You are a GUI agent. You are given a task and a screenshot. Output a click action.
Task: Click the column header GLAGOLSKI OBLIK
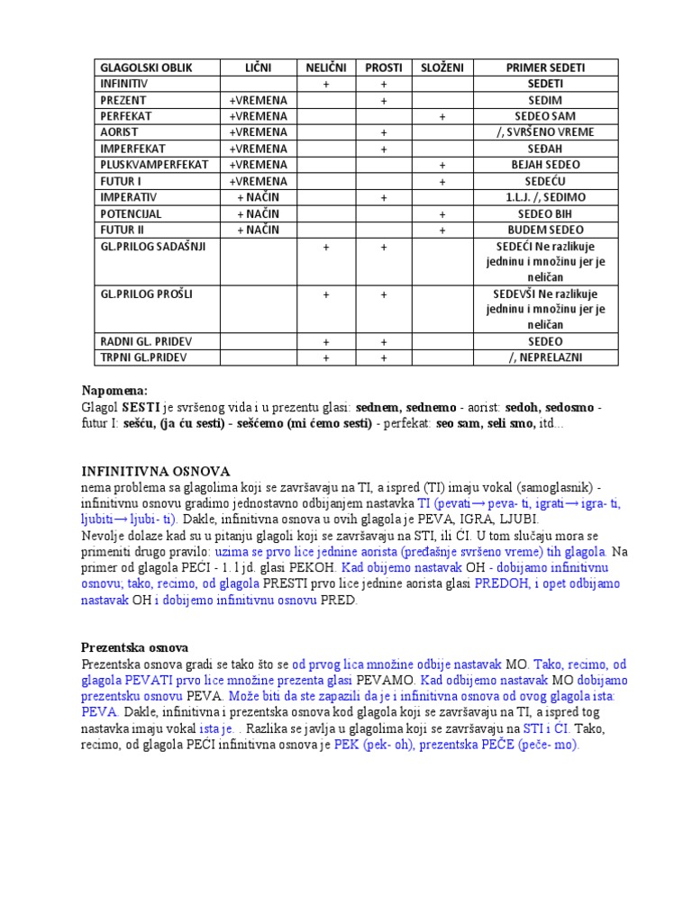tap(146, 68)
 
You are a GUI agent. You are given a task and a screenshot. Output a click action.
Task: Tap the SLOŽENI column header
tap(442, 68)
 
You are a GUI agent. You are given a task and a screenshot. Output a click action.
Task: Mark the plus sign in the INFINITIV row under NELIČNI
tap(325, 84)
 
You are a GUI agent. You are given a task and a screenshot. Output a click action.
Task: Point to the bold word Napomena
tap(114, 391)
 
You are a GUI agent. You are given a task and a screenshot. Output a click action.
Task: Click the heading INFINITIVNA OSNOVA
tap(156, 471)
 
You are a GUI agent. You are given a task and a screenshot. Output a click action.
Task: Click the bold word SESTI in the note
tap(141, 408)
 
